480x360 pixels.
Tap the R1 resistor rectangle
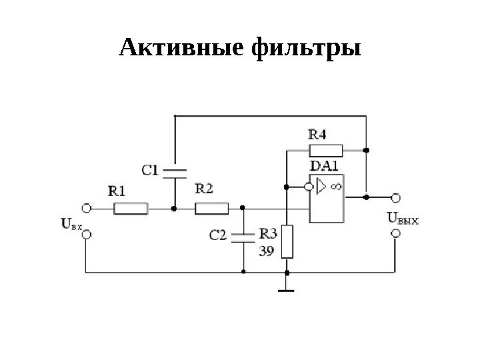(x=130, y=209)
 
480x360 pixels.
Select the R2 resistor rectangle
(x=211, y=209)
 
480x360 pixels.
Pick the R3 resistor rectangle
(x=287, y=241)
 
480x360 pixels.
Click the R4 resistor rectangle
(x=325, y=149)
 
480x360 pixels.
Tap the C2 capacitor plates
(x=244, y=237)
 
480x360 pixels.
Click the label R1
(x=117, y=191)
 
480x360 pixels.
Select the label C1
(x=150, y=170)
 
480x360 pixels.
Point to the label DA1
(x=325, y=166)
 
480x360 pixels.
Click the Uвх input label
(x=71, y=225)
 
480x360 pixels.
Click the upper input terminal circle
(x=86, y=208)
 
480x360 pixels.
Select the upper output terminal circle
(x=396, y=197)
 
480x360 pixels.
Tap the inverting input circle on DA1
(x=309, y=187)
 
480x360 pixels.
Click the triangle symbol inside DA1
(x=321, y=187)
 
